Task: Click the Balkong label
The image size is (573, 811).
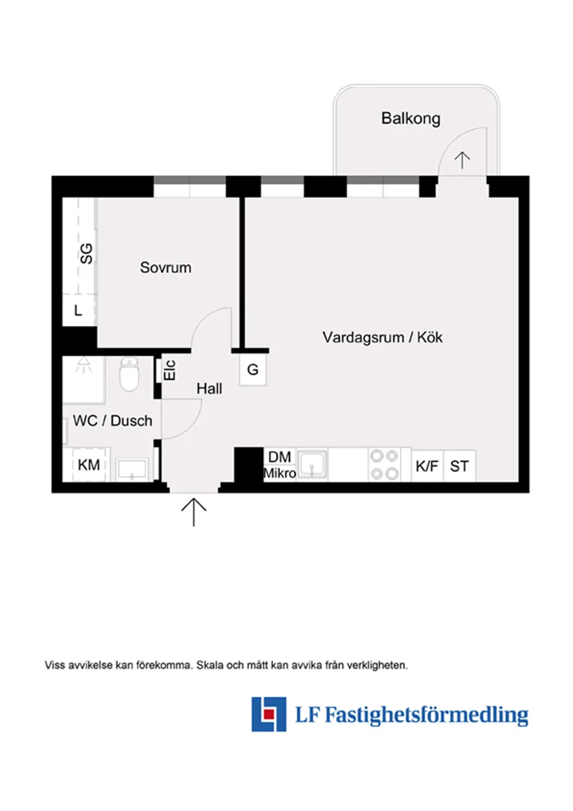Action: pyautogui.click(x=410, y=118)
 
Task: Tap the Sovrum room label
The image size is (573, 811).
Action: pyautogui.click(x=165, y=267)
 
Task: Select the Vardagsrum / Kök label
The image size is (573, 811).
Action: pyautogui.click(x=382, y=338)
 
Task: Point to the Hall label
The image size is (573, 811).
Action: pyautogui.click(x=209, y=388)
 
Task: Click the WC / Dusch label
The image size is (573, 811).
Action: pyautogui.click(x=113, y=420)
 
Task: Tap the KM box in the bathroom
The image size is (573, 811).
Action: pyautogui.click(x=88, y=465)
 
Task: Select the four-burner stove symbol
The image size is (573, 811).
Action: pyautogui.click(x=384, y=464)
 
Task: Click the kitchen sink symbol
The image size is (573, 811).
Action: pyautogui.click(x=313, y=464)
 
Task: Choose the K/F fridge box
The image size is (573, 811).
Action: pyautogui.click(x=427, y=466)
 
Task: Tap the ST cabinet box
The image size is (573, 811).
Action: pyautogui.click(x=459, y=466)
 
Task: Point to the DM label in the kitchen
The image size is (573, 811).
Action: pyautogui.click(x=280, y=457)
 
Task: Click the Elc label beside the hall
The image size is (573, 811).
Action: pyautogui.click(x=170, y=368)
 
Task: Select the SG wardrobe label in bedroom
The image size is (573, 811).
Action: pyautogui.click(x=85, y=253)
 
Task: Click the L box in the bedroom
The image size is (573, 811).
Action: pyautogui.click(x=78, y=311)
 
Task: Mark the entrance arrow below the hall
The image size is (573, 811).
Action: pyautogui.click(x=194, y=511)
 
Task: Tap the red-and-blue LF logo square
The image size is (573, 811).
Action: pyautogui.click(x=269, y=714)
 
